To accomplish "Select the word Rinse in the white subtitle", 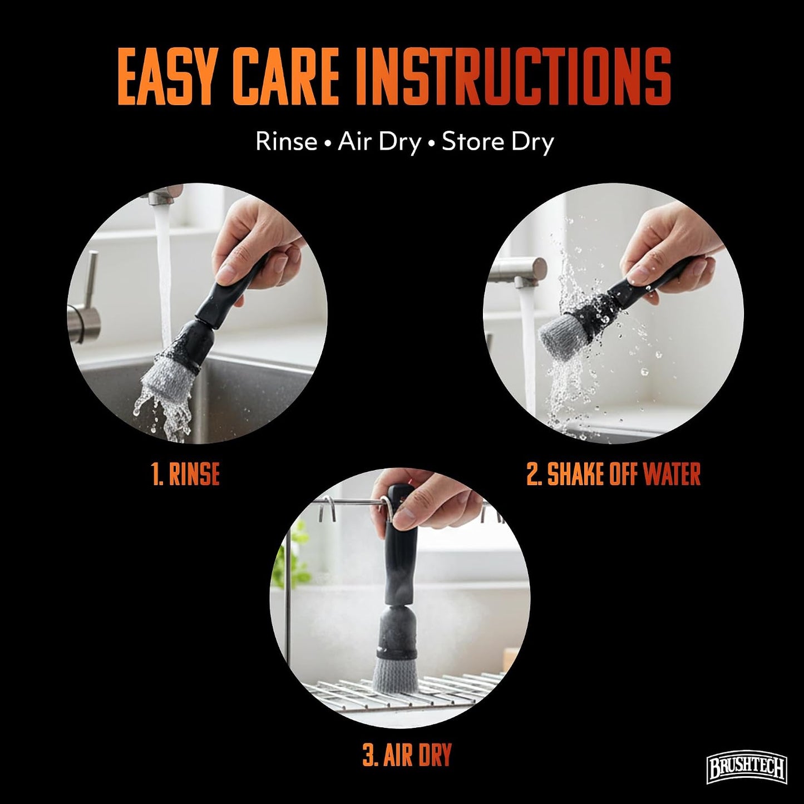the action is pos(286,141).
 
